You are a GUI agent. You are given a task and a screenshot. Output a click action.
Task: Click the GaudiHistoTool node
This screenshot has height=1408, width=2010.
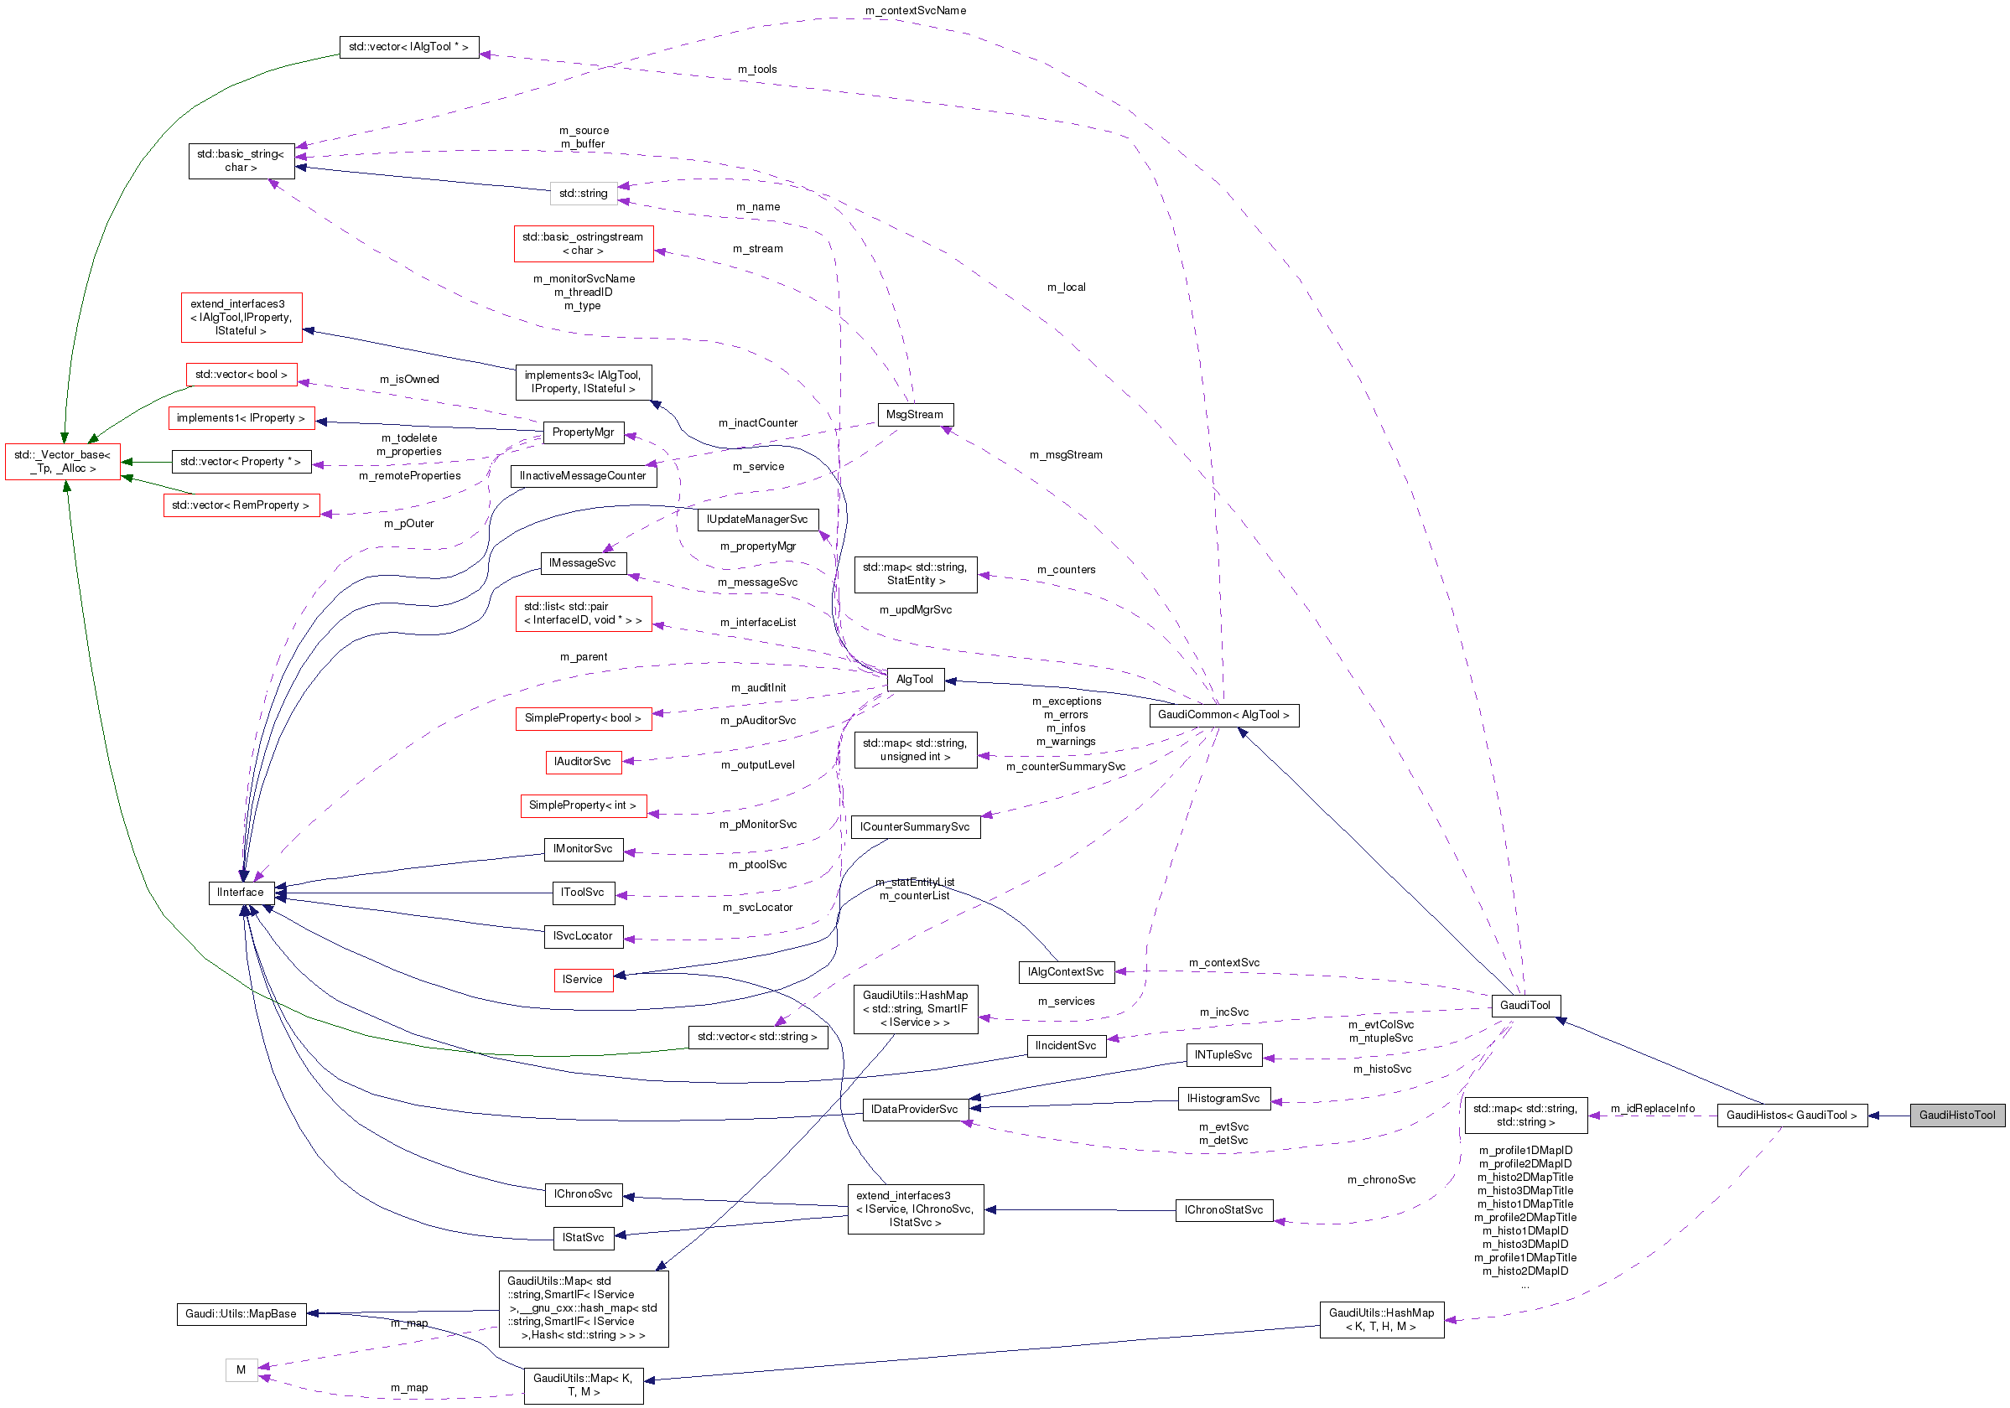click(x=1956, y=1115)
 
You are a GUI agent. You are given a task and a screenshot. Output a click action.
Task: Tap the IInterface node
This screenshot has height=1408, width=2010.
click(x=241, y=893)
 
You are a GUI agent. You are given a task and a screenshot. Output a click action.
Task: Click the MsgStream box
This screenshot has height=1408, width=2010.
click(x=915, y=415)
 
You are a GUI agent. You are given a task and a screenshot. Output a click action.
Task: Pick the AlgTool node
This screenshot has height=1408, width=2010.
click(x=915, y=680)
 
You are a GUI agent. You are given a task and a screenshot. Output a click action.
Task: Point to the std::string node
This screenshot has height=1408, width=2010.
click(x=583, y=194)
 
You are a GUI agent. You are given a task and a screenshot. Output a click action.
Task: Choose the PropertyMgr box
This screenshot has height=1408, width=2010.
click(x=583, y=432)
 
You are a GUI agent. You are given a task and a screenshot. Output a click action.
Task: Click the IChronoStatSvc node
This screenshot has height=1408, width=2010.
click(x=1223, y=1210)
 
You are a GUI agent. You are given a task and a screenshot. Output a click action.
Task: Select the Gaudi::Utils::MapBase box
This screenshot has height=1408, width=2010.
click(x=241, y=1314)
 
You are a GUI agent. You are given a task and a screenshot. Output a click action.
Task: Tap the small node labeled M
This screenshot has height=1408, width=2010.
click(x=241, y=1370)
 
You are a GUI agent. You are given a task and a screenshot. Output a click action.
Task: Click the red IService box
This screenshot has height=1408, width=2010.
click(x=583, y=980)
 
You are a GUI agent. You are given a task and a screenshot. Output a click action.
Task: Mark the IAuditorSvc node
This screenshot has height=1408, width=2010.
click(x=582, y=762)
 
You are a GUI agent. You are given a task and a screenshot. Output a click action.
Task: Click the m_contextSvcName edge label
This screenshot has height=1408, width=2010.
click(x=915, y=11)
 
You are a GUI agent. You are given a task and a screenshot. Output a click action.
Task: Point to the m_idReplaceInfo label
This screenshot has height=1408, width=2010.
click(x=1652, y=1109)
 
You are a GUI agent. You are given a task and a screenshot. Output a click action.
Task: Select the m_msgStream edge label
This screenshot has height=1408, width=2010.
click(x=1066, y=455)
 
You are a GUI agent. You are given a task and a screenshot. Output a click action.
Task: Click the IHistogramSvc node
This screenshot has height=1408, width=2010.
click(x=1223, y=1099)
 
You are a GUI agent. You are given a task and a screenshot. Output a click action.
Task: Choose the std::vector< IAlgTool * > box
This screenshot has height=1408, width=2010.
click(x=409, y=47)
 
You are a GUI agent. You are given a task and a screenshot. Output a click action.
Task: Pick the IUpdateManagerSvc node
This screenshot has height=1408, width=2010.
click(x=757, y=520)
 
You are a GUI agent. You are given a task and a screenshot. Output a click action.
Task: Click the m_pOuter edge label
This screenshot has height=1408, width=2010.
click(x=409, y=524)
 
